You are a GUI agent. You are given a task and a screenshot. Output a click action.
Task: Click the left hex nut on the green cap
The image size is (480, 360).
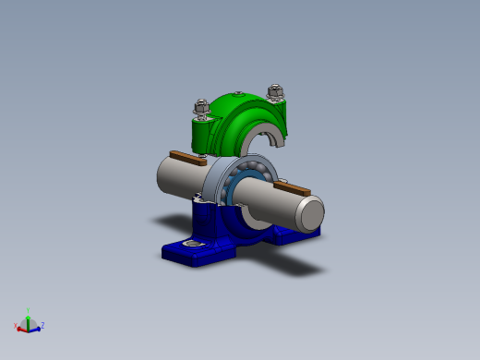pos(201,108)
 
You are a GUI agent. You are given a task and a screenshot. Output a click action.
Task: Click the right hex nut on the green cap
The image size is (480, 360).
pos(274,92)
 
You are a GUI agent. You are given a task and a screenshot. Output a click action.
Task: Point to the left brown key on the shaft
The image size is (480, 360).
pos(186,158)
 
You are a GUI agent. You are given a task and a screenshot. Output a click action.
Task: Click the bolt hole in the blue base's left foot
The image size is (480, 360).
pos(192,244)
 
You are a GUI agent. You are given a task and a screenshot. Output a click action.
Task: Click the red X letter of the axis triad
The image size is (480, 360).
pos(16,326)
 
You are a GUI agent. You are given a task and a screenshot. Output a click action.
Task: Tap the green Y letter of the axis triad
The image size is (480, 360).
pos(30,310)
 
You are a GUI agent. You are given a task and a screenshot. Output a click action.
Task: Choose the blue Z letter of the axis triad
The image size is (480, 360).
pos(42,325)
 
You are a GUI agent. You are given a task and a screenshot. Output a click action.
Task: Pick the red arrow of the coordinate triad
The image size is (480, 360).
pos(22,328)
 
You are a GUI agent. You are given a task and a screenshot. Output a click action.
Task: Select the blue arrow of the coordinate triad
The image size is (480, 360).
pos(36,328)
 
